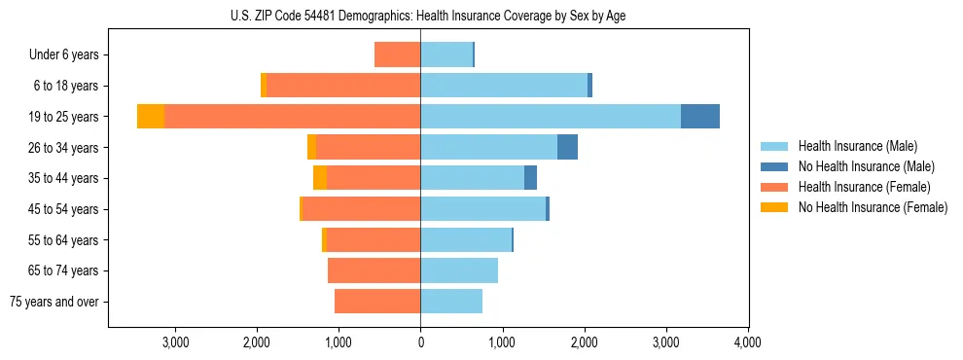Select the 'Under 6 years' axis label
coord(70,54)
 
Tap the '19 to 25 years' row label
coord(64,117)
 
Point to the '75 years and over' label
coord(54,302)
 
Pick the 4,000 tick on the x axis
coord(747,342)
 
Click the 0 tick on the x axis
coord(420,342)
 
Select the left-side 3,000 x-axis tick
coord(175,342)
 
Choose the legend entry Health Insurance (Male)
coord(856,146)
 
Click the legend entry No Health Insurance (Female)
coord(872,207)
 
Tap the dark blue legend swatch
coord(775,166)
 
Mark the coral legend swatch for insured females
coord(775,187)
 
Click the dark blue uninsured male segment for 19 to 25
coord(700,116)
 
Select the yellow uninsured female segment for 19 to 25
coord(151,116)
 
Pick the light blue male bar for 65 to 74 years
coord(459,270)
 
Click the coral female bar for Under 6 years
coord(397,54)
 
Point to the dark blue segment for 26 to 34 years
coord(567,147)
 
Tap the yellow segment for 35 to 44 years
coord(320,178)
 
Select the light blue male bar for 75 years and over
coord(451,302)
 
